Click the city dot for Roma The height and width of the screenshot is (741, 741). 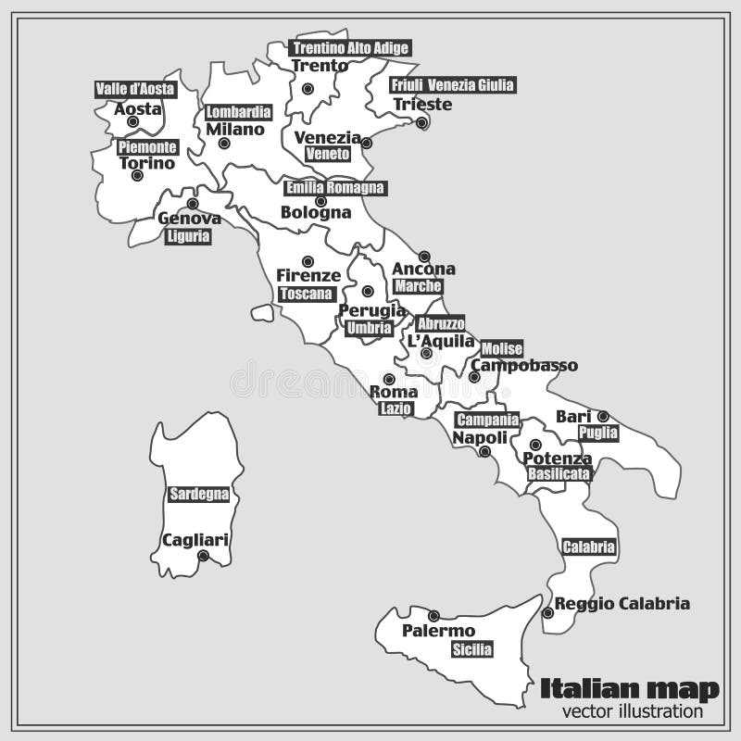point(389,379)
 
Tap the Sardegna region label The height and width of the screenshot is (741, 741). point(198,494)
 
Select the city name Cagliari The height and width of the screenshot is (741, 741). point(195,539)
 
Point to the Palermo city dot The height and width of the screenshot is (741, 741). point(433,615)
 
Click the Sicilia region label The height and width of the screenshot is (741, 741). point(472,650)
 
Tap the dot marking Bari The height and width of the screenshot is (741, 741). point(602,416)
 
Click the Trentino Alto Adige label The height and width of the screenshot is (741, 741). point(348,48)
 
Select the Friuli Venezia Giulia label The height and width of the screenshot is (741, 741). point(452,85)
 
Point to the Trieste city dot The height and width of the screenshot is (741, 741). point(421,122)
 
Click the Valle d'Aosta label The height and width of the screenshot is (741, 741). point(135,89)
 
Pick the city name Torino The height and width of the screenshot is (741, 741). point(147,163)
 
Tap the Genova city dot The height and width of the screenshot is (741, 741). point(193,203)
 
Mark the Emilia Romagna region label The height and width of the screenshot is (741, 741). point(334,187)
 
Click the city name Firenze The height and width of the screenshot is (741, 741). point(308,275)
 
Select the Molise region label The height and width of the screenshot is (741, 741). point(502,349)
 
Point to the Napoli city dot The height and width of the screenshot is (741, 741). point(484,451)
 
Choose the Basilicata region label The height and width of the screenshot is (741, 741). point(559,473)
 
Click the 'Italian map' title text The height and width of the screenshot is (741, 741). point(630,688)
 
